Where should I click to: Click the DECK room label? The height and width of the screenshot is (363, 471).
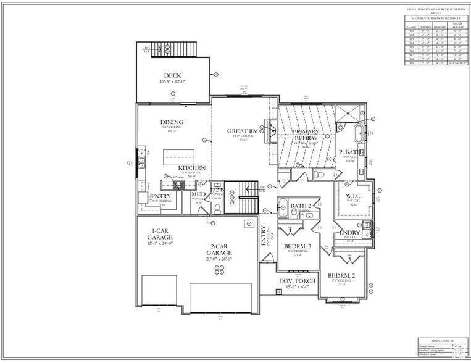click(164, 76)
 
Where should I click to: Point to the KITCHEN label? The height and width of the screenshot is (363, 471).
click(192, 168)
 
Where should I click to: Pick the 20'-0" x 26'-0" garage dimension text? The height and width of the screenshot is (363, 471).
click(219, 259)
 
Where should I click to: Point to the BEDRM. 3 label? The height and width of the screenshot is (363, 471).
click(298, 247)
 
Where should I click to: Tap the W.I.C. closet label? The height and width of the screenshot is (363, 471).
click(352, 196)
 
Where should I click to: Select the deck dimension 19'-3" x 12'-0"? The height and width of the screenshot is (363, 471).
click(164, 81)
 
